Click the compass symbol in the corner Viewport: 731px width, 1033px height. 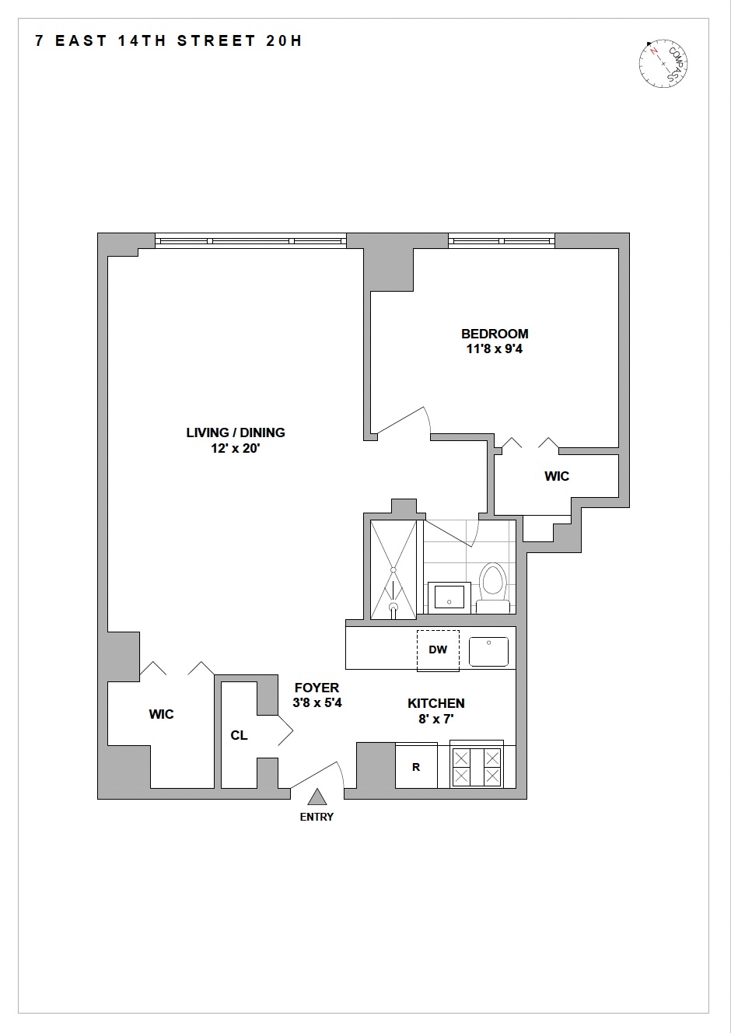664,63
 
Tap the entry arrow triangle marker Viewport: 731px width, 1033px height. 317,797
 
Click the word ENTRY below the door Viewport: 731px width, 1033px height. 317,817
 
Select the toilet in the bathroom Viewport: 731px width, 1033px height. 492,587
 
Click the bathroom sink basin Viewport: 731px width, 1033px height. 449,597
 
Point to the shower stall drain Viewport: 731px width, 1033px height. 393,607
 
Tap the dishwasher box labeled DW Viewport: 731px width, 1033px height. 438,650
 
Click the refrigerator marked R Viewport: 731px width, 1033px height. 416,766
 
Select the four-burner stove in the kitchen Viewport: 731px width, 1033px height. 477,766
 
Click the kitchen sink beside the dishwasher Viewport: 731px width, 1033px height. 488,651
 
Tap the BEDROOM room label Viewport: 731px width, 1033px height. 495,334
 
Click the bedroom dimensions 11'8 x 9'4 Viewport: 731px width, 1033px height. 495,349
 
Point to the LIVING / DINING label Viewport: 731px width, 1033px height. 236,432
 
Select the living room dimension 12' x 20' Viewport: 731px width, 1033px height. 236,449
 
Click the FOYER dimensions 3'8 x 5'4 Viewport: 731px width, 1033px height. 317,702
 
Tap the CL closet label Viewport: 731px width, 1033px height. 239,735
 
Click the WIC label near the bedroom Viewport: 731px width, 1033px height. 557,476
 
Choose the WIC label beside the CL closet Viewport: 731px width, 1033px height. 162,714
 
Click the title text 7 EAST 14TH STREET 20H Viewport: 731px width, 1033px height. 169,41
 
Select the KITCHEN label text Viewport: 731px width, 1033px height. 436,703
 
